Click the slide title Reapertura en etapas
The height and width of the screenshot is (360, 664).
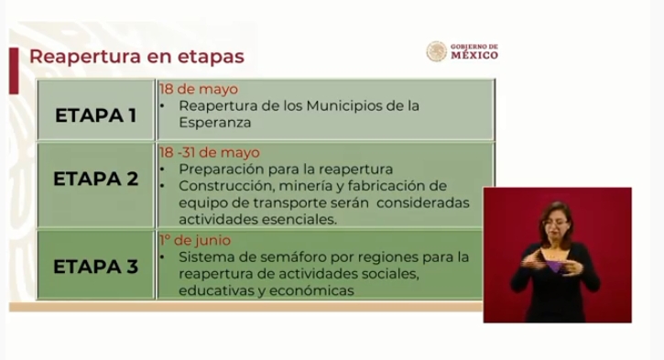136,57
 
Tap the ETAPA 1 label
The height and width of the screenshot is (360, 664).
95,116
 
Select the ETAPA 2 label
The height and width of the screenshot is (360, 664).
95,179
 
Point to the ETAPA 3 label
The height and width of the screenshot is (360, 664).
95,267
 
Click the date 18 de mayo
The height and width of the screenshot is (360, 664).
198,90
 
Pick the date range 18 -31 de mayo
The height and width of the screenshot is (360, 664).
209,152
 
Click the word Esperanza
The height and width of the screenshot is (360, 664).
215,121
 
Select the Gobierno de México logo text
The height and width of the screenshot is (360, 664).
474,51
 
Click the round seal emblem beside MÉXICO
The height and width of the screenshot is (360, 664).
437,51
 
